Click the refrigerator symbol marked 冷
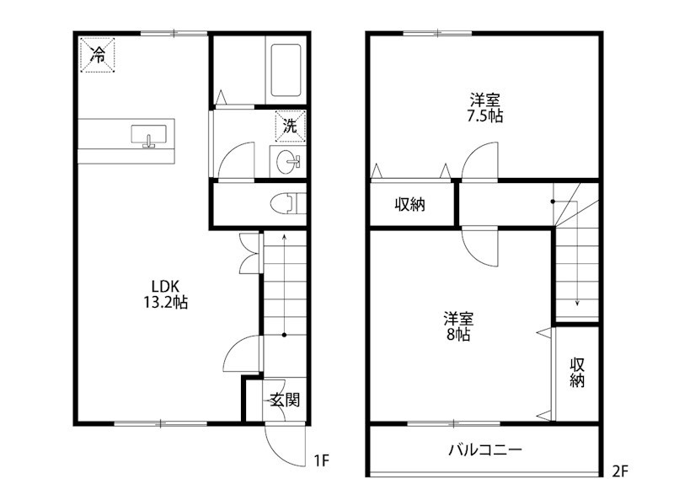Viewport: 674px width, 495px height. point(98,56)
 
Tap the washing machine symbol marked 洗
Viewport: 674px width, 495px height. point(290,127)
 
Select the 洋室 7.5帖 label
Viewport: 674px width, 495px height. point(485,107)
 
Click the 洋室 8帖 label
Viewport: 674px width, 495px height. point(459,326)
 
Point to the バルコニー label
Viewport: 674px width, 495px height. point(484,449)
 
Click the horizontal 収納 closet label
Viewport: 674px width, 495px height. point(410,204)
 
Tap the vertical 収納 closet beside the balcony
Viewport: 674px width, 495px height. point(577,373)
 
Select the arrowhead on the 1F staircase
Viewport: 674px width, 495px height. point(284,238)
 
